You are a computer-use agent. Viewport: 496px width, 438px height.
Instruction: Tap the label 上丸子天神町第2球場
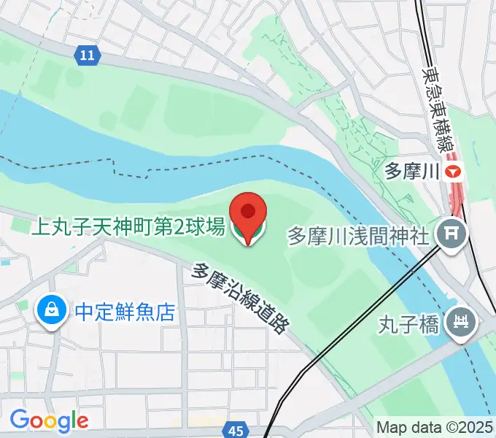coord(127,228)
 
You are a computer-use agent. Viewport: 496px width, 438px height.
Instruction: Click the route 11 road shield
coord(88,54)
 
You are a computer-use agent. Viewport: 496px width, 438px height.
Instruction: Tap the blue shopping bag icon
coord(51,312)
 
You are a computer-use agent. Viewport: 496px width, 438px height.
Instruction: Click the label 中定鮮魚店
coord(125,313)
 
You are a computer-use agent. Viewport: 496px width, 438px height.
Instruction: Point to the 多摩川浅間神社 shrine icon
coord(450,235)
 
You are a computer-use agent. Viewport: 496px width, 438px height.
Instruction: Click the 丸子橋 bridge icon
coord(461,321)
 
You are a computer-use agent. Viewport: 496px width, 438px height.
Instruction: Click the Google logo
coord(49,420)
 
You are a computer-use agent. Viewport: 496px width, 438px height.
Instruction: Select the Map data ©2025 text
coord(435,427)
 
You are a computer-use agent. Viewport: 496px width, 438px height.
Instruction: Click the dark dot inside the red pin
coord(248,211)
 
